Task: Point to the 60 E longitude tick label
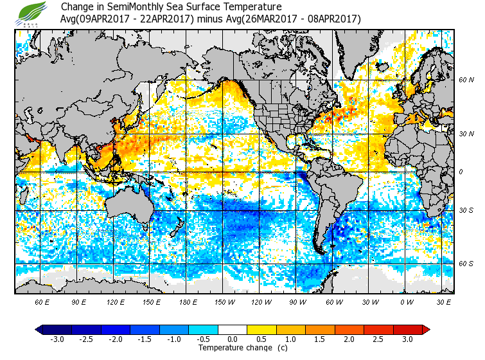42,301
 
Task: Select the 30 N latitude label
466,133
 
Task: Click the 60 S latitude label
466,264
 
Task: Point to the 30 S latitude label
466,210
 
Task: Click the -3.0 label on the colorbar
57,339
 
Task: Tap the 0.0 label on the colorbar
233,339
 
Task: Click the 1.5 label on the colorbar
321,339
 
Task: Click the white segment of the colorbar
233,330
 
